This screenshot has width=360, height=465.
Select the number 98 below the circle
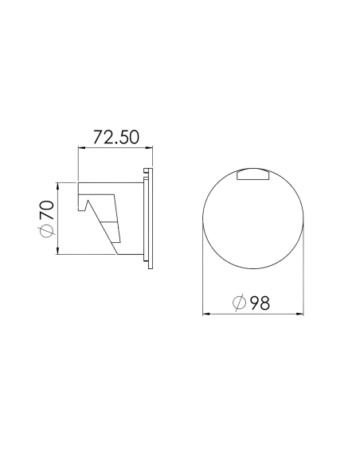tap(260, 303)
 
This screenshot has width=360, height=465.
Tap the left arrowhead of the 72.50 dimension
tap(80, 148)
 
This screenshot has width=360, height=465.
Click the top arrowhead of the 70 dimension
tap(58, 185)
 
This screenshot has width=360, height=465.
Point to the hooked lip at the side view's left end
tap(81, 201)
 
